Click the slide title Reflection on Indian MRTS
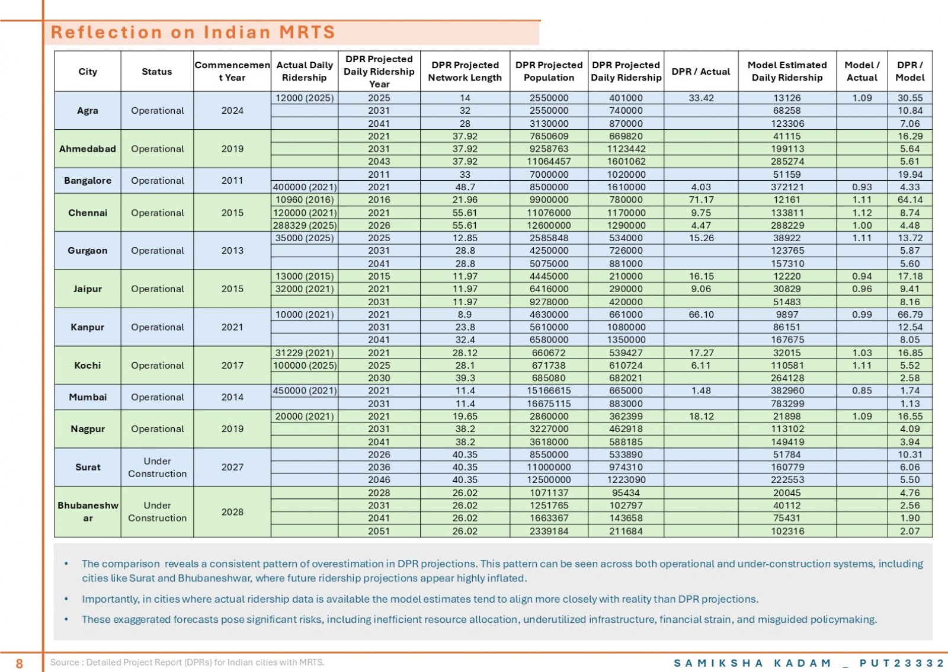193,32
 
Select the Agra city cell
88,110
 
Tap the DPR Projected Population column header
549,71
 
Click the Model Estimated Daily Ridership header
787,71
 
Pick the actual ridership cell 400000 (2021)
305,187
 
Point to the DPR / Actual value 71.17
701,200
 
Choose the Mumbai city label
88,397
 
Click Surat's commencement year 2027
232,467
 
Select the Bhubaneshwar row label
88,511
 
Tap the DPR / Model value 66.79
910,315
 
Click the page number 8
19,663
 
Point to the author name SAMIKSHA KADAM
752,663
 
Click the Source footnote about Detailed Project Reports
187,663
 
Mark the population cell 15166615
549,391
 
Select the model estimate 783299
787,404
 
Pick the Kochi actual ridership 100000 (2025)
305,365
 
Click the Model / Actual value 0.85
861,391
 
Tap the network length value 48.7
465,187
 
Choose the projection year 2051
379,530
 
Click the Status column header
156,72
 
